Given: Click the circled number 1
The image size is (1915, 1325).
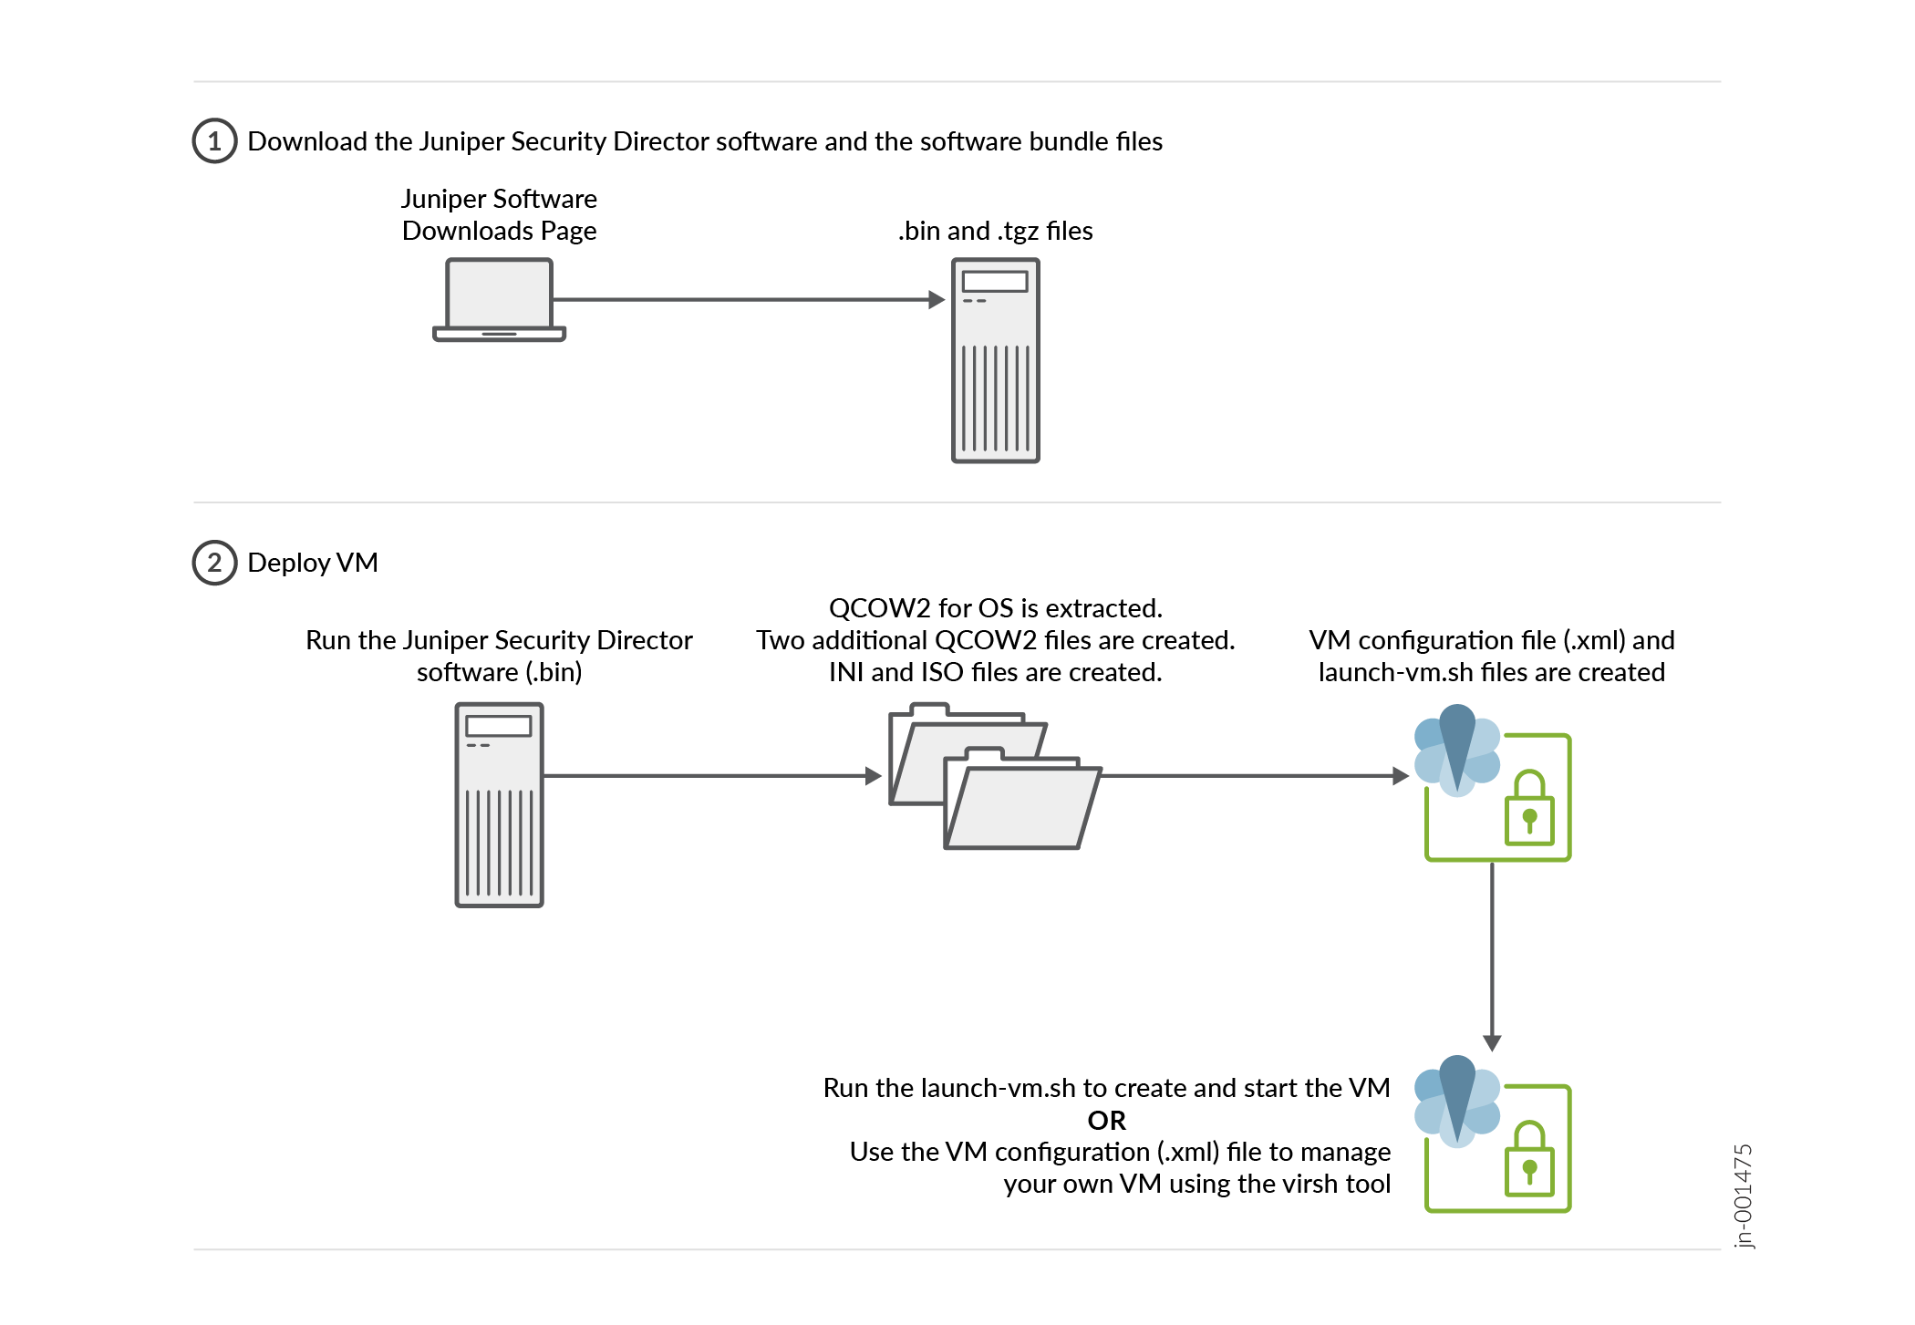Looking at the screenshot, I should click(214, 141).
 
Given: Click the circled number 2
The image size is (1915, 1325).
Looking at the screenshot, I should click(214, 563).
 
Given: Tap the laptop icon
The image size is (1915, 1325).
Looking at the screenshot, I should click(499, 299).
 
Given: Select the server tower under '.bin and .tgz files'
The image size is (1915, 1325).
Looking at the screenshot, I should click(995, 360).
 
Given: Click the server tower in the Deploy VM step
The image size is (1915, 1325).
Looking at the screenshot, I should click(499, 804).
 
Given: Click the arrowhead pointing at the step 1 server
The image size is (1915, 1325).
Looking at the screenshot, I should click(937, 299).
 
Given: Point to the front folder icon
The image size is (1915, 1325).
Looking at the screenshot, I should click(1021, 807).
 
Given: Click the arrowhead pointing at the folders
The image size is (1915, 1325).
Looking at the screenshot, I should click(874, 776).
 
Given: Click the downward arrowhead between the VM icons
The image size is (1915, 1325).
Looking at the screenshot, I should click(1492, 1043).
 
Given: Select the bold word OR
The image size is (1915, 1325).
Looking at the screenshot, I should click(1106, 1120).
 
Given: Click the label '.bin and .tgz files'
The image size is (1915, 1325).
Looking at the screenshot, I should click(995, 231).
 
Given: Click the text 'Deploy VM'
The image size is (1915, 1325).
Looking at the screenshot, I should click(312, 563).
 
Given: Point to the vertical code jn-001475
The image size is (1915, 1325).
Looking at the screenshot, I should click(1743, 1196).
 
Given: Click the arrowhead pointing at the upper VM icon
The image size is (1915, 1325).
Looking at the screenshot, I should click(1402, 776).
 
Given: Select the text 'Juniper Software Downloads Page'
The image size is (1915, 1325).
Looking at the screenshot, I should click(499, 215).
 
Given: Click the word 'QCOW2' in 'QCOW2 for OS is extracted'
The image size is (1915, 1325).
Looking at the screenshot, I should click(879, 608).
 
